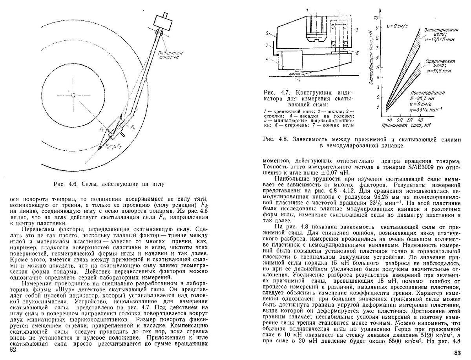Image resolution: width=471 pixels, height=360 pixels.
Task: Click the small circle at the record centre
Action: [73, 95]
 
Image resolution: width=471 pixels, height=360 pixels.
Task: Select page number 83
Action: [457, 352]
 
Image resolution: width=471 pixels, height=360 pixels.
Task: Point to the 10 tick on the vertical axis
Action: [376, 18]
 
